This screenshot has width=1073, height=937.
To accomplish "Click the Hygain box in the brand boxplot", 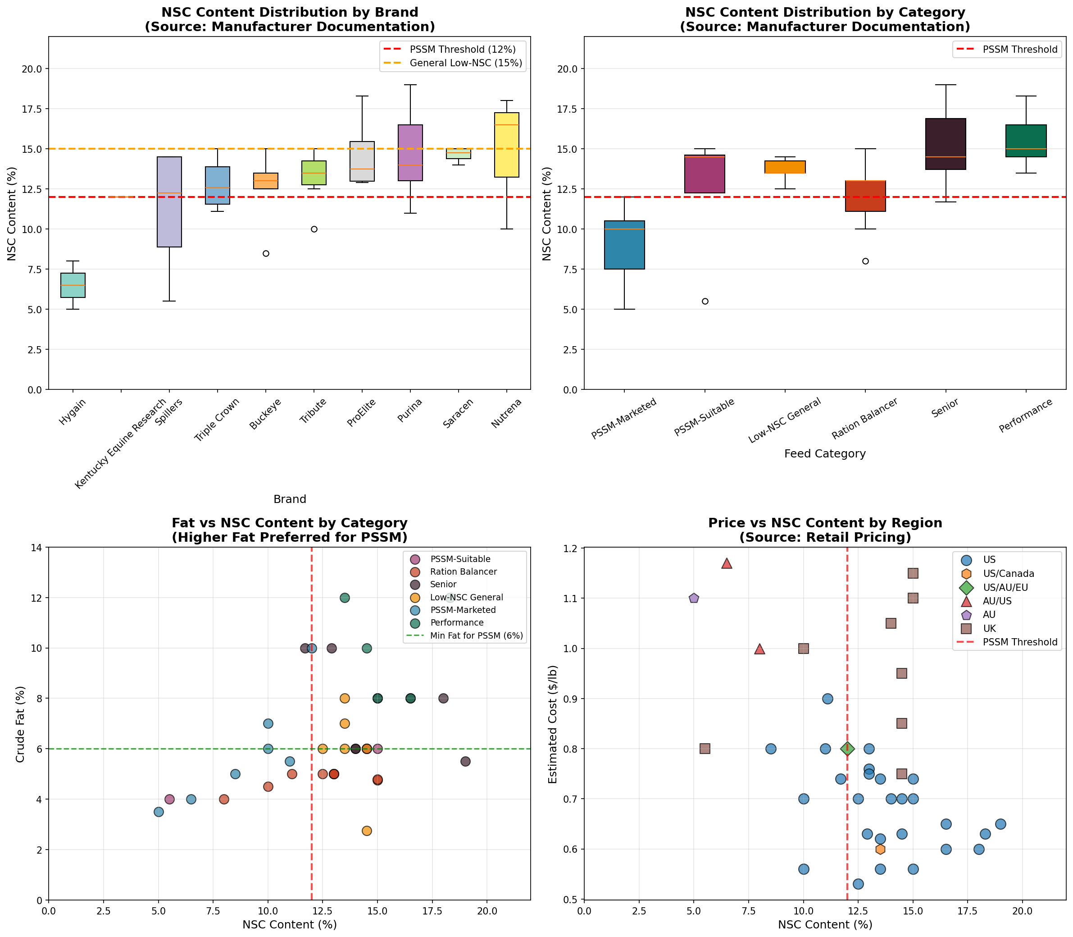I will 73,285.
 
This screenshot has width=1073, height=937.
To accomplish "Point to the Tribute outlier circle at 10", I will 314,229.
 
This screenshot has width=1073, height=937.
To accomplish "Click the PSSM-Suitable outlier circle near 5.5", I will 705,301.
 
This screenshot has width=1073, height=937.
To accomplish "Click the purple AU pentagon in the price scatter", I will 694,598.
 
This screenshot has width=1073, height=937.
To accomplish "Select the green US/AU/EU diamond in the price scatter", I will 847,749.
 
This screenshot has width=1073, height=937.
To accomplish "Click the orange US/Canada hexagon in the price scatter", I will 880,849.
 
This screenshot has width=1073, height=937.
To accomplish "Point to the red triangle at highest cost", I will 727,563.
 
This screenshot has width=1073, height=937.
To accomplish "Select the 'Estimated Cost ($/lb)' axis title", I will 552,724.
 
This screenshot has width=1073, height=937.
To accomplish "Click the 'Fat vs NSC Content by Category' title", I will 290,523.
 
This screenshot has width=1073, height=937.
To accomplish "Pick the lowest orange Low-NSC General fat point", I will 366,831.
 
